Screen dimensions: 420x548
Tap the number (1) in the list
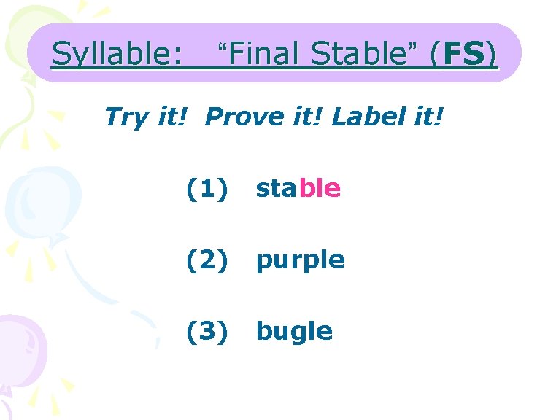click(x=207, y=189)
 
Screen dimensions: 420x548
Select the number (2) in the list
click(x=207, y=260)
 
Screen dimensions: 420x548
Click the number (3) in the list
click(x=207, y=331)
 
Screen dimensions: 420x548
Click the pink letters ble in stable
click(x=320, y=189)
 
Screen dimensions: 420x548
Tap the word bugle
click(x=294, y=332)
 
